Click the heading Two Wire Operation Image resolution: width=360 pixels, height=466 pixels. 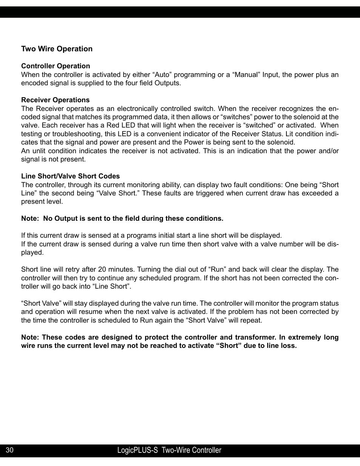tap(57, 49)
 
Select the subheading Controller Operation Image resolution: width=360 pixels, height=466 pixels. tap(55, 66)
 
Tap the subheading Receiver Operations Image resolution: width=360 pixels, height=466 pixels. tap(55, 100)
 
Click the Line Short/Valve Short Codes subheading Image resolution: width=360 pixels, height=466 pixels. tap(70, 176)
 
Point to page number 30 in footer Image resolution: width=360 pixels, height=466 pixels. tap(10, 450)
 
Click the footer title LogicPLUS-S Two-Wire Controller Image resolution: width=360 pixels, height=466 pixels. tap(169, 450)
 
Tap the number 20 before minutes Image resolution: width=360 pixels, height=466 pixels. tap(102, 269)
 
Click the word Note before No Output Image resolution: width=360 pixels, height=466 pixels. tap(30, 218)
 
